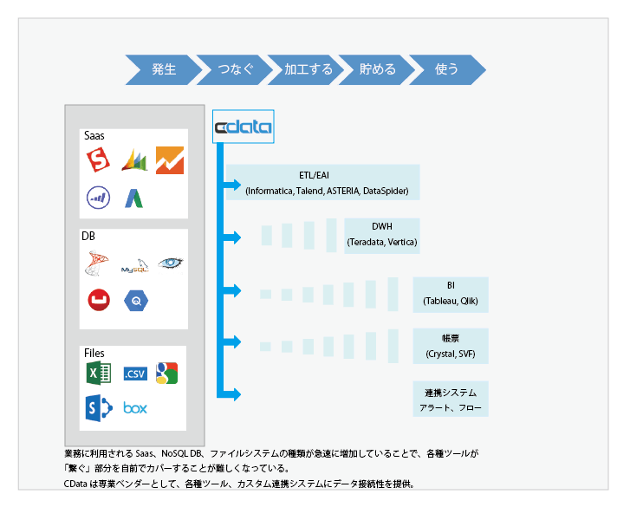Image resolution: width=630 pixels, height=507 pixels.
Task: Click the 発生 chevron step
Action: click(163, 69)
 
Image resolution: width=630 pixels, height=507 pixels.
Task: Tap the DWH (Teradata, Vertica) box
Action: click(381, 235)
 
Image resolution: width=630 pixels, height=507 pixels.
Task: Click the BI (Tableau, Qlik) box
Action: click(451, 294)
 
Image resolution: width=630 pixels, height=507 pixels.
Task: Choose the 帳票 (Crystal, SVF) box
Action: click(451, 346)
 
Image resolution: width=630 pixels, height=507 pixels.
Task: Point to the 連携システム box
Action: click(451, 400)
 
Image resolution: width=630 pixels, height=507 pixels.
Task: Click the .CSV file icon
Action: click(135, 374)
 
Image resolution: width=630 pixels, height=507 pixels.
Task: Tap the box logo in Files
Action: click(135, 407)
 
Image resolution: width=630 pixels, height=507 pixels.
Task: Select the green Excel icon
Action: click(97, 374)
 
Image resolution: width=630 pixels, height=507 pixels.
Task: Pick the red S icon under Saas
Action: click(98, 159)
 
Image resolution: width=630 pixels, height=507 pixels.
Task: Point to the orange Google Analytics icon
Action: click(170, 159)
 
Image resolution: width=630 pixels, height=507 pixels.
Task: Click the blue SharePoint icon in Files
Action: click(97, 407)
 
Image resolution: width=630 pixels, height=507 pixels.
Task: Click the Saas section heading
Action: click(94, 136)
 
